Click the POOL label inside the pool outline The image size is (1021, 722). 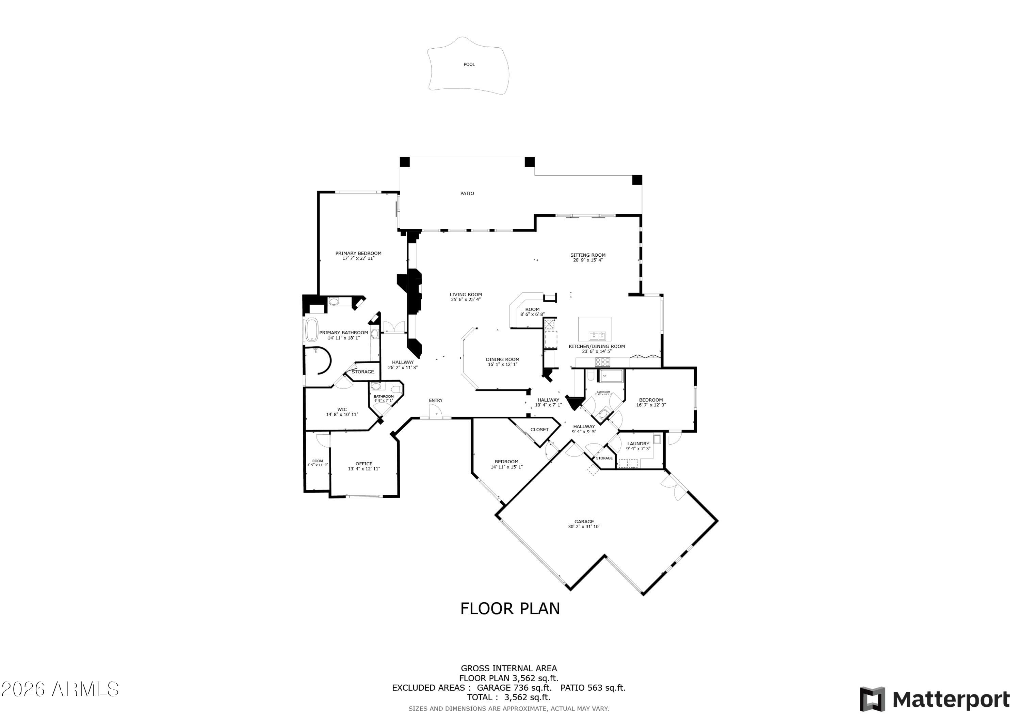click(x=469, y=64)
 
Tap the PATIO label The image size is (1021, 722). click(x=467, y=193)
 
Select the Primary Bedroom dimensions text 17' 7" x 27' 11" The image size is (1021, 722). click(x=358, y=258)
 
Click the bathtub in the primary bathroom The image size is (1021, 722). click(x=312, y=330)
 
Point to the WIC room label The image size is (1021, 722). click(x=342, y=410)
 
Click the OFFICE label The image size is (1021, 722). click(x=364, y=464)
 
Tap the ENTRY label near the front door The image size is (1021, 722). click(x=436, y=400)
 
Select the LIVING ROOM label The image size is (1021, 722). click(x=466, y=294)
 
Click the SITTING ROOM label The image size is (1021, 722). click(x=588, y=255)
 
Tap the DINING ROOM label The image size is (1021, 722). click(x=502, y=359)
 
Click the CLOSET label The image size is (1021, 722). click(x=539, y=430)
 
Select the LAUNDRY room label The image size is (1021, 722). click(x=638, y=444)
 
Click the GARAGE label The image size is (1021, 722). click(x=584, y=522)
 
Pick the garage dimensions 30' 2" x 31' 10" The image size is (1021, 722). click(x=584, y=527)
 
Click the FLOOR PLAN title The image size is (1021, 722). click(x=510, y=609)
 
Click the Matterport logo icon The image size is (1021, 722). click(x=872, y=699)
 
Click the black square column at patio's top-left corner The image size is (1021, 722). click(x=404, y=162)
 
